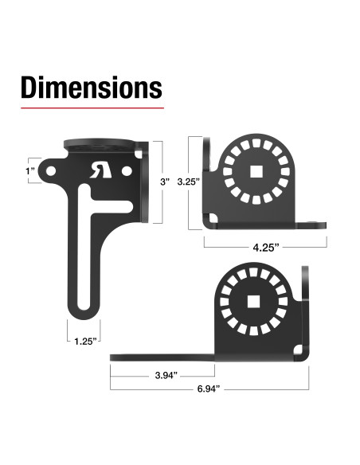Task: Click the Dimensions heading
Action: (x=92, y=88)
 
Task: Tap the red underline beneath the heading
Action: (x=92, y=108)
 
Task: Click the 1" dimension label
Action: (x=30, y=171)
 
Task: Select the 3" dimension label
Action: (x=165, y=182)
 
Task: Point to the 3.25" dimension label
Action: (x=188, y=182)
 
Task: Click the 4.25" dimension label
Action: (x=266, y=248)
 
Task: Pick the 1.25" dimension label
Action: (x=85, y=342)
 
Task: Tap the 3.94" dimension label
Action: (x=166, y=375)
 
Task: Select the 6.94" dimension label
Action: (x=209, y=389)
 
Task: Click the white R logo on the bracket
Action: (x=101, y=170)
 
